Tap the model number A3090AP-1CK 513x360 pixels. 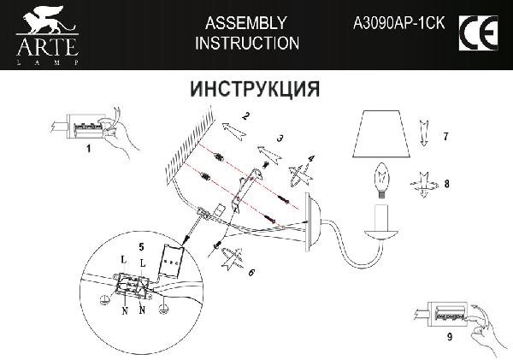click(x=400, y=23)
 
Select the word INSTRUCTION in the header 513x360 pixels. click(x=247, y=43)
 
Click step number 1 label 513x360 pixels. click(x=88, y=148)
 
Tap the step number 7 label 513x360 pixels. click(x=445, y=137)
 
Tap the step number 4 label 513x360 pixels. click(x=311, y=157)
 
